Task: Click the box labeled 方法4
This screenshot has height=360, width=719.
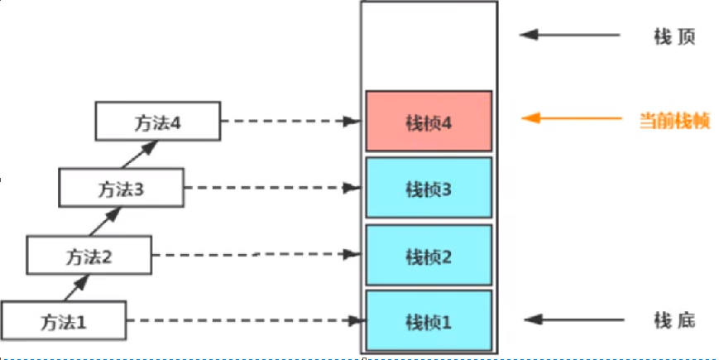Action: [x=157, y=121]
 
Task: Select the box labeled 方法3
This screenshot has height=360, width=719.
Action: [x=121, y=187]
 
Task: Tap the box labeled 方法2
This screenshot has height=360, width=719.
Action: [x=89, y=255]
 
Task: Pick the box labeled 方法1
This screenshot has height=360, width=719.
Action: [x=64, y=320]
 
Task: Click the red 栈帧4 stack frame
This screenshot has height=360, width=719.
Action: [x=429, y=121]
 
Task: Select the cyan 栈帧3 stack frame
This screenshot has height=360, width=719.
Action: [x=429, y=189]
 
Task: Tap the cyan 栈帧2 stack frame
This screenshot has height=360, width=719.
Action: [x=429, y=256]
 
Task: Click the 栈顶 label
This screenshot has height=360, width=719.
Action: [x=673, y=36]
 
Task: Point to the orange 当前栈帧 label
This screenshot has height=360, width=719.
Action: [x=675, y=120]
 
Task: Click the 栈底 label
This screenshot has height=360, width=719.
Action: [x=674, y=320]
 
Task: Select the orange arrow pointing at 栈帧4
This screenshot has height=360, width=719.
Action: [x=571, y=118]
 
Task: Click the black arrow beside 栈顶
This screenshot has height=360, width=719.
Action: [x=570, y=35]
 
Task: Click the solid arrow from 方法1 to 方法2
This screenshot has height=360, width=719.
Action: [x=75, y=288]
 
